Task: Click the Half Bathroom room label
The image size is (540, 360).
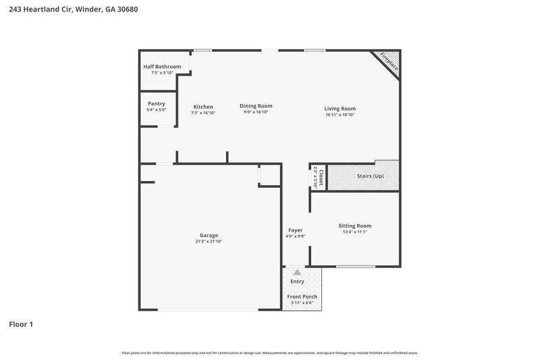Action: coord(162,67)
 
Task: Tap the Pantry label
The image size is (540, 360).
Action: coord(156,103)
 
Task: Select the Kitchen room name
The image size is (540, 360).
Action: coord(203,107)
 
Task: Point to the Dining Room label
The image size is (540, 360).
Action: coord(256,106)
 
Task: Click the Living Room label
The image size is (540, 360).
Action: coord(340,108)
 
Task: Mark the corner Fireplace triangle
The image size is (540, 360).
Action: coord(389,61)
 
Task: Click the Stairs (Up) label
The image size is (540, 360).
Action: coord(370,176)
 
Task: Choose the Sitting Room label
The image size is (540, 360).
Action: coord(354,226)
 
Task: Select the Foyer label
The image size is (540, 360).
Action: coord(295,230)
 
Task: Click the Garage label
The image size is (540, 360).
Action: coord(208,235)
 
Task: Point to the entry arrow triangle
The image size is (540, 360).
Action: coord(297,272)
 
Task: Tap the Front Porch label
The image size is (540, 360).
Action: coord(302,297)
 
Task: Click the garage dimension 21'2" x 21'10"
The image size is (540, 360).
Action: coord(208,241)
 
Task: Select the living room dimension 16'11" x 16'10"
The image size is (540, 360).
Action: coord(340,115)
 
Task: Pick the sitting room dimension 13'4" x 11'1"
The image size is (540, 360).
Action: coord(354,232)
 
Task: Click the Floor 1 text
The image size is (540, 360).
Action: coord(21,324)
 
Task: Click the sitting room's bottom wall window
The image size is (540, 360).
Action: coord(356,267)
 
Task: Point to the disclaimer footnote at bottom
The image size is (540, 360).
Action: coord(270,353)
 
